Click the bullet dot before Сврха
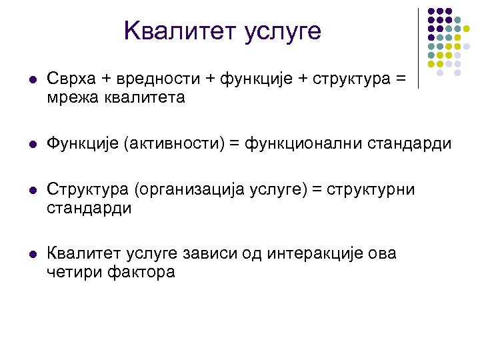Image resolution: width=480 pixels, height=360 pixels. coord(26,80)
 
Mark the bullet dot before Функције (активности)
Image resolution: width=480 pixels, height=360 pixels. coord(26,145)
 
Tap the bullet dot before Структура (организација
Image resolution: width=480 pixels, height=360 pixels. coord(26,191)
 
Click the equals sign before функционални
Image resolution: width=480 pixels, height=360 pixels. coord(238,144)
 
